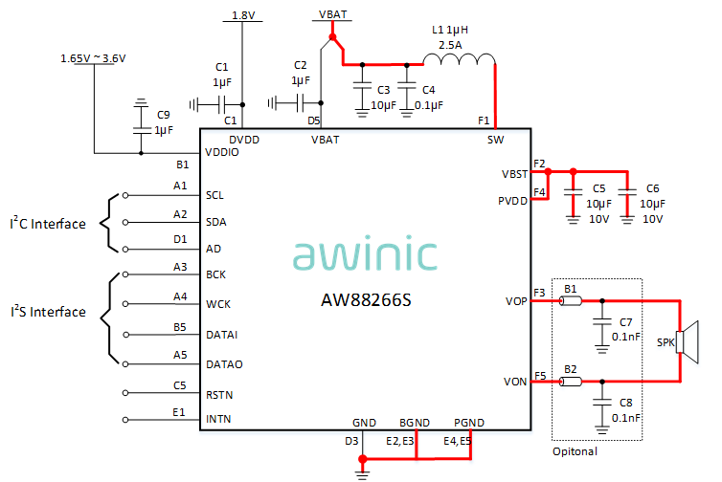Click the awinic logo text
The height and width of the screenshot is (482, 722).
365,255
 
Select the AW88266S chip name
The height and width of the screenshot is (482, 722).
366,300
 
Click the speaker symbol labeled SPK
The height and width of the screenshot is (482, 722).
682,341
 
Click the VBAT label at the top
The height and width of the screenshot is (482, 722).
332,15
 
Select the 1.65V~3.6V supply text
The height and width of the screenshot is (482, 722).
94,58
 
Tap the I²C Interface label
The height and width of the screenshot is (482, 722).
48,225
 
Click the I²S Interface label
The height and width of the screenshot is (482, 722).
48,312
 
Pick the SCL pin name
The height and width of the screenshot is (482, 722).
216,195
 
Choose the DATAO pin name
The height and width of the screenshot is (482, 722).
224,364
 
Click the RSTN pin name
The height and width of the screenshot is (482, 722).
220,394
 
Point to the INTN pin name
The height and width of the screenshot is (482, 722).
219,420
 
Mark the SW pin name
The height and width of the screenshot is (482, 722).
495,140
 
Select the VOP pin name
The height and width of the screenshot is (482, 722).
515,301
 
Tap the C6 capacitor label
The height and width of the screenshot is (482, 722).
653,189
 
